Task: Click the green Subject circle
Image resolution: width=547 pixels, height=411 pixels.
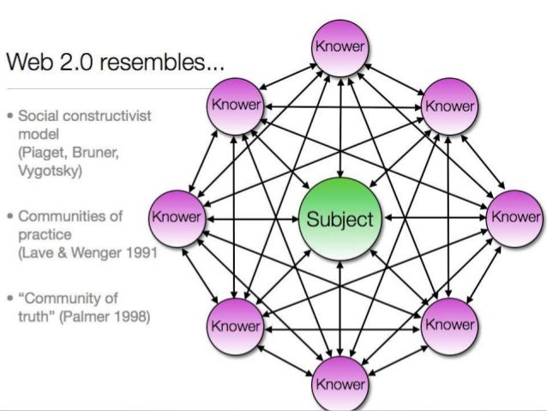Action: coord(340,219)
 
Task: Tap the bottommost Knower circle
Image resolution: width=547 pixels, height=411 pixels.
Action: coord(340,382)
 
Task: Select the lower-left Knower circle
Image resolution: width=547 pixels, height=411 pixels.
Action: coord(235,327)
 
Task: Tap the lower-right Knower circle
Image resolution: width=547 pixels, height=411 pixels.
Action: coord(449,325)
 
